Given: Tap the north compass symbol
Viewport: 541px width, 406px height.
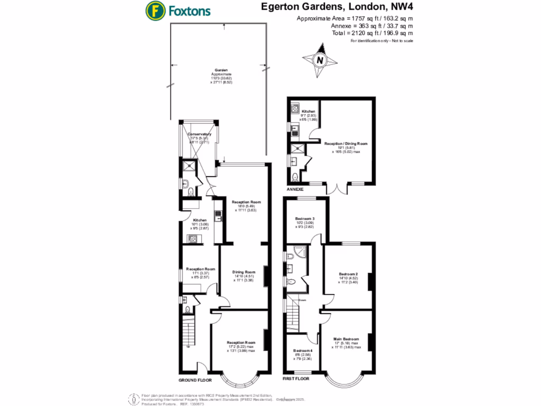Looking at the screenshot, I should (x=319, y=60).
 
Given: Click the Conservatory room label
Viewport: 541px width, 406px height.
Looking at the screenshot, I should (x=199, y=134).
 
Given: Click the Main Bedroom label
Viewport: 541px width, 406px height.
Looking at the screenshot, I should (x=346, y=339).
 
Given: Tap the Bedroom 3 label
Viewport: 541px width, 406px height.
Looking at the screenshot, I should (x=305, y=218).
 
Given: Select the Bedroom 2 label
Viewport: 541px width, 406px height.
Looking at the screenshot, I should (x=349, y=274).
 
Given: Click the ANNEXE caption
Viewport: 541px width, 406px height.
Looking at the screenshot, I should (x=295, y=189).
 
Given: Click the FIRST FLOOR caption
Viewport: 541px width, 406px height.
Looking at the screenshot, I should (x=296, y=379).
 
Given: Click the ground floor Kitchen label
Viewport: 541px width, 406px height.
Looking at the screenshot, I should (x=199, y=220).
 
